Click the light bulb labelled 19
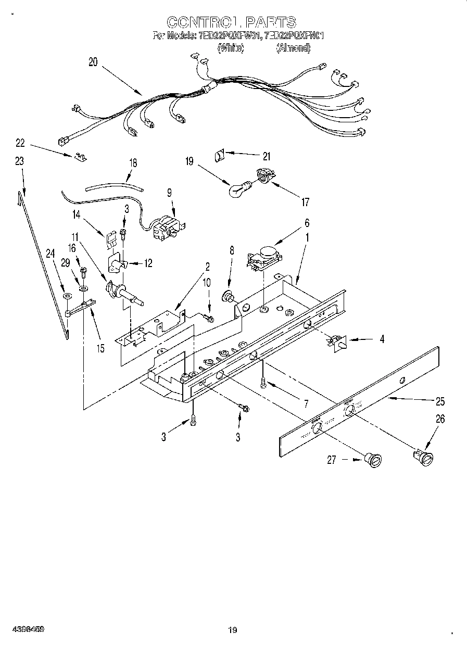pyautogui.click(x=238, y=189)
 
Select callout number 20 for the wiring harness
pyautogui.click(x=93, y=62)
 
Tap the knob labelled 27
pyautogui.click(x=373, y=460)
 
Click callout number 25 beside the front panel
pyautogui.click(x=440, y=401)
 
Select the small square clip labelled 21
pyautogui.click(x=219, y=155)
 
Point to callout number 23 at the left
pyautogui.click(x=19, y=161)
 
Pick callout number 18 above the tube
pyautogui.click(x=133, y=162)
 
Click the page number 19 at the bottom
pyautogui.click(x=233, y=630)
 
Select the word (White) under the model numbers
pyautogui.click(x=231, y=48)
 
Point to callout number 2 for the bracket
pyautogui.click(x=207, y=267)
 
